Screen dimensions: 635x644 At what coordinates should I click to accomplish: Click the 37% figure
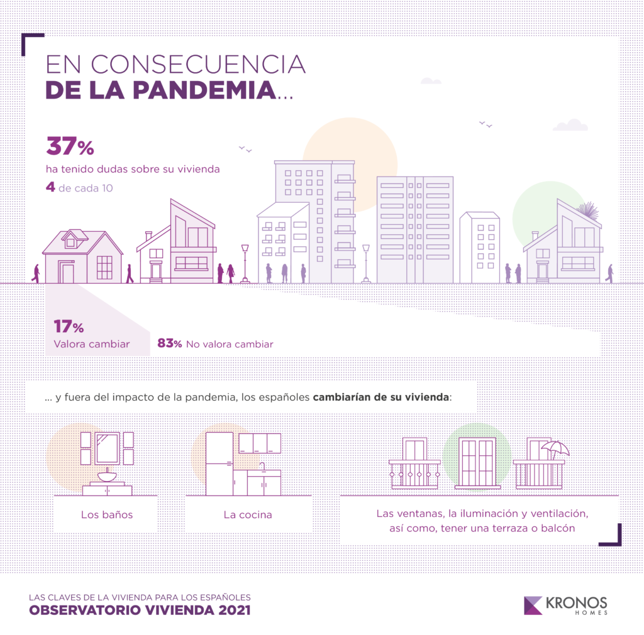tap(70, 148)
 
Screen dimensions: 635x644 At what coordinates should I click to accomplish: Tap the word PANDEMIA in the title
tap(203, 90)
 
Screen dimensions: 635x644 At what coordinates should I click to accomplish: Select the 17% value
tap(69, 327)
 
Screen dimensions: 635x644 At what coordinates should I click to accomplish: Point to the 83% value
tap(170, 344)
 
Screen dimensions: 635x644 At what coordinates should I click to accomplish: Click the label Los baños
tap(107, 515)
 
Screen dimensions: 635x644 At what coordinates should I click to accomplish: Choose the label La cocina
tap(248, 515)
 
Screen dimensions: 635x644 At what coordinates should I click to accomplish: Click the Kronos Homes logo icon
tap(533, 604)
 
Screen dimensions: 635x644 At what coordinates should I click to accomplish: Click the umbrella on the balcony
tap(555, 448)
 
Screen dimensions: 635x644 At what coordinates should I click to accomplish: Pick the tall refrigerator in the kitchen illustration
tap(219, 463)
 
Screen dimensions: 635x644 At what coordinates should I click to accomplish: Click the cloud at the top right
tap(570, 125)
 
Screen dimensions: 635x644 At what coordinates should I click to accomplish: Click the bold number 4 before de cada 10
tap(50, 187)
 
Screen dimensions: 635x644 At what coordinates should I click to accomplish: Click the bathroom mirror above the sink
tap(106, 447)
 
